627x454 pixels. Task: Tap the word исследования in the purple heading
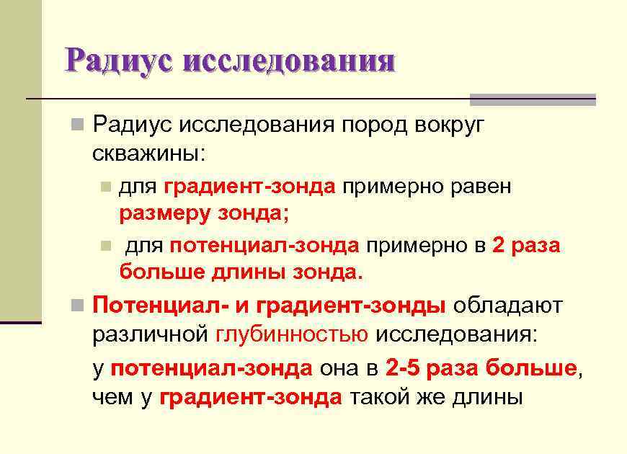click(x=288, y=61)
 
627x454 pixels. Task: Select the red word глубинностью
click(x=292, y=334)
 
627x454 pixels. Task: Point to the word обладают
click(x=507, y=305)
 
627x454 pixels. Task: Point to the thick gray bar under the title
click(x=533, y=99)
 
